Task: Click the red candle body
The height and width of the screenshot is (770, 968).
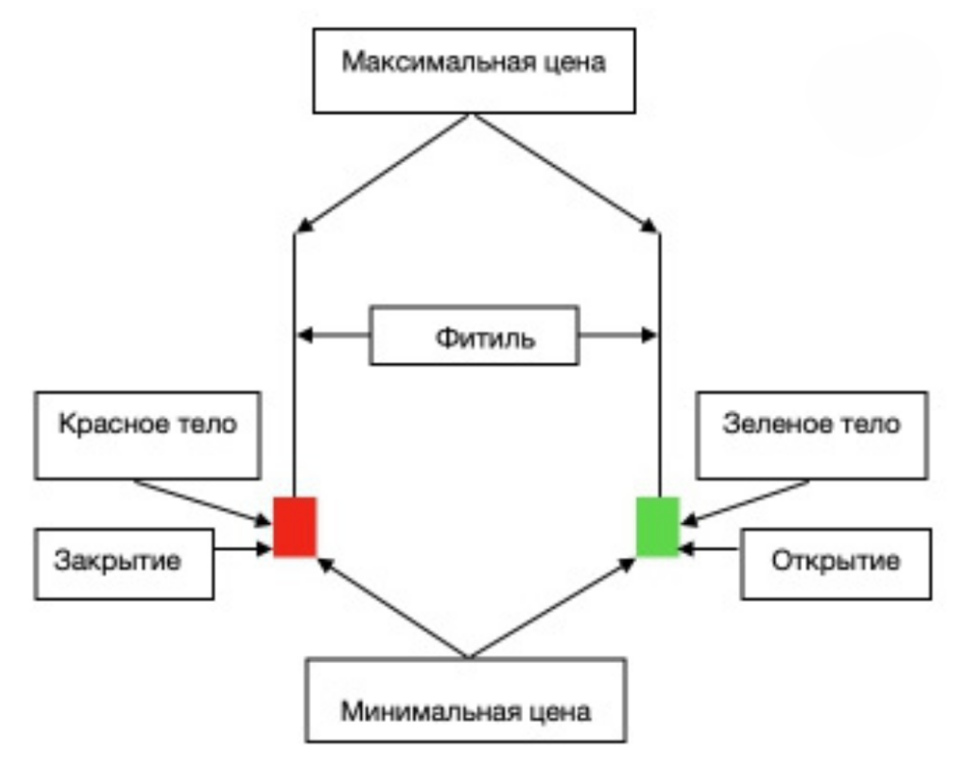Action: [x=295, y=527]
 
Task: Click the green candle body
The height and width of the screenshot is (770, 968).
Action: [x=658, y=527]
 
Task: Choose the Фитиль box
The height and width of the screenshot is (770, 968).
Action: [x=474, y=335]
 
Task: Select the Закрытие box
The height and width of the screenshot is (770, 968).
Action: [x=124, y=564]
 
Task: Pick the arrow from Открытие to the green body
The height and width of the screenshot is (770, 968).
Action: [x=710, y=548]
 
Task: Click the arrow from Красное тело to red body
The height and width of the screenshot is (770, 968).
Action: [x=203, y=501]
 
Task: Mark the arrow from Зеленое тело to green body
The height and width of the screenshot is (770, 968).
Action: [x=747, y=501]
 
